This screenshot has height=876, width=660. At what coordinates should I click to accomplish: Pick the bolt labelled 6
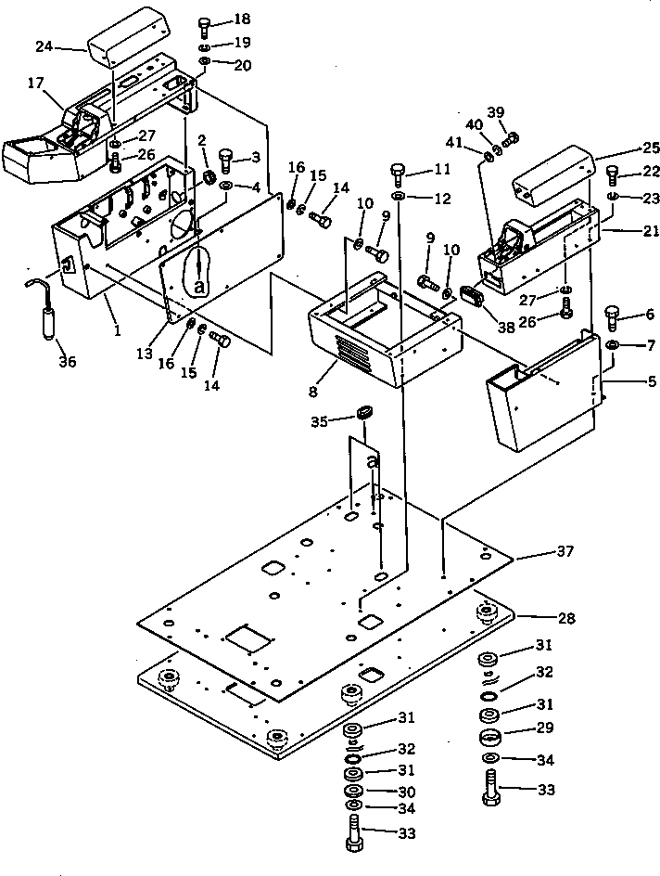[x=612, y=318]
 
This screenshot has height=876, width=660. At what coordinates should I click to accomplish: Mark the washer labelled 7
[x=612, y=346]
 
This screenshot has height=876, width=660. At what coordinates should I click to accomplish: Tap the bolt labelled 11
[x=398, y=173]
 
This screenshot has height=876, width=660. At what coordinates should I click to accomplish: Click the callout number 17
[x=35, y=83]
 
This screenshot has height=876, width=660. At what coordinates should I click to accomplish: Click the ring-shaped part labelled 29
[x=491, y=738]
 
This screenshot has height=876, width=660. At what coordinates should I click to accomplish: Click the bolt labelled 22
[x=612, y=174]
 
